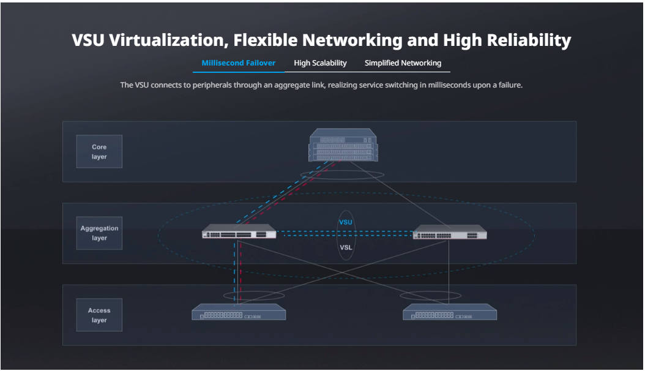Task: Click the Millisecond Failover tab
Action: [238, 63]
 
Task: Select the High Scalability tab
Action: [320, 63]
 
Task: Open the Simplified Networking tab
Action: [403, 63]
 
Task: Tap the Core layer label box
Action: [99, 152]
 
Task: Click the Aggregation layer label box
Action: [99, 233]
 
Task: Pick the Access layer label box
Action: [99, 315]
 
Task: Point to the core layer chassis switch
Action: [343, 145]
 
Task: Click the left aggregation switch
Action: [239, 233]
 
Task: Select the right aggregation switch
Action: [450, 233]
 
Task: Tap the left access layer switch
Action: [239, 313]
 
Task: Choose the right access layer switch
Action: [450, 313]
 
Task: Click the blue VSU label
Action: [346, 222]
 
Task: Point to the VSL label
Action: [346, 247]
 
